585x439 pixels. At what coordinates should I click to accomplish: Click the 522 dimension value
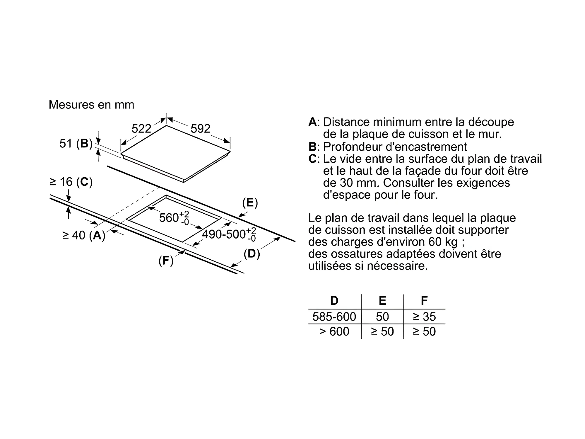coord(141,129)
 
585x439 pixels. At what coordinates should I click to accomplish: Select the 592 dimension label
coord(201,129)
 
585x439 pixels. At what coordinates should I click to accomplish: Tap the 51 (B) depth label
coord(76,144)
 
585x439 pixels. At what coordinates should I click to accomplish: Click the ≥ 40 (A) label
coord(84,235)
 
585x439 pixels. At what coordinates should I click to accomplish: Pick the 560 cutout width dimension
coord(174,218)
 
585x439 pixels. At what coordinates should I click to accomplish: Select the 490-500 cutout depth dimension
coord(229,234)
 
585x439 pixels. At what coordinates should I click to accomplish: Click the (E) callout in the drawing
coord(250,203)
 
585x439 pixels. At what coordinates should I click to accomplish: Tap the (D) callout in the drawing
coord(252,254)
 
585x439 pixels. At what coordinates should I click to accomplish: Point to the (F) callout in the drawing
coord(166,260)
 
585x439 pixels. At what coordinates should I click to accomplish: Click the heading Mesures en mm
coord(91,105)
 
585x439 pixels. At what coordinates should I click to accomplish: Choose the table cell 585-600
coord(334,317)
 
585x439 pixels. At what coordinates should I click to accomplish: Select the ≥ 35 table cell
coord(424,317)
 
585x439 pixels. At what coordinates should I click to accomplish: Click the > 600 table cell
coord(334,331)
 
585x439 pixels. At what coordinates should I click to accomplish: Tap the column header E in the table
coord(382,301)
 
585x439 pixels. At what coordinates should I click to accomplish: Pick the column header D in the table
coord(334,301)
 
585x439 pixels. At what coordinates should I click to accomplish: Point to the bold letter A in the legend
coord(312,122)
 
